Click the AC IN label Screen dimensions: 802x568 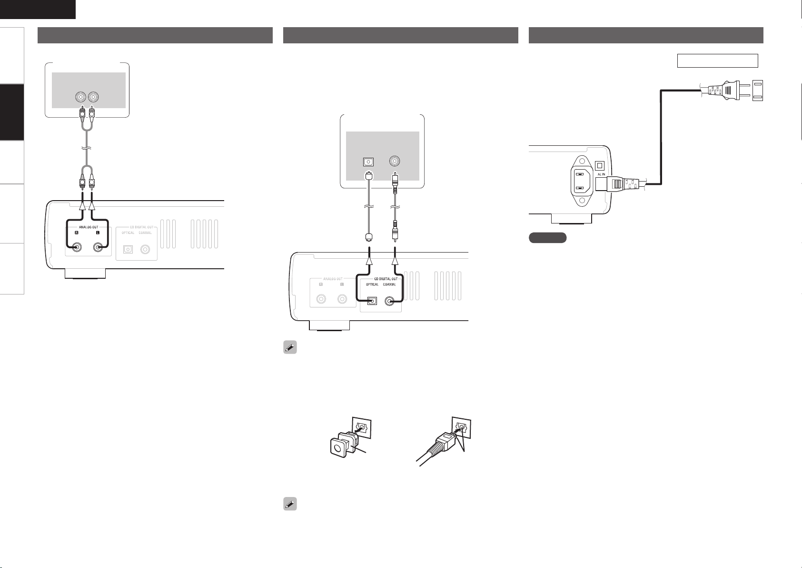pyautogui.click(x=601, y=174)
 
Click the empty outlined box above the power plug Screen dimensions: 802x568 pyautogui.click(x=717, y=61)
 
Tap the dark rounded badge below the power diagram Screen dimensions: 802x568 pyautogui.click(x=547, y=238)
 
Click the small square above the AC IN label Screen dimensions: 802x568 pyautogui.click(x=600, y=165)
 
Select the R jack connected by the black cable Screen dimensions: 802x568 pyautogui.click(x=76, y=248)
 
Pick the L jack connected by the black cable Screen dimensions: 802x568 pyautogui.click(x=99, y=248)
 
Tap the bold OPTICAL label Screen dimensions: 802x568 pyautogui.click(x=372, y=284)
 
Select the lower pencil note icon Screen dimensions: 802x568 pyautogui.click(x=290, y=504)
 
